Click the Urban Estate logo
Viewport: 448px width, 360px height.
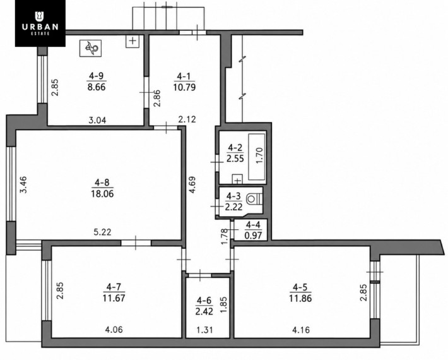(40, 23)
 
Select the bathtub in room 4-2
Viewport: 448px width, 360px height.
(257, 157)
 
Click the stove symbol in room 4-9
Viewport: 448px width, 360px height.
(91, 48)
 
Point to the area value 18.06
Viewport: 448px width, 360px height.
(102, 194)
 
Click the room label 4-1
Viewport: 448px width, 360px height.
(184, 76)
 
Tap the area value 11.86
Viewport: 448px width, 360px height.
(300, 298)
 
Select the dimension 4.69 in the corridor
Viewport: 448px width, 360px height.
(192, 185)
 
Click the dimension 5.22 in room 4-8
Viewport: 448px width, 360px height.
(102, 232)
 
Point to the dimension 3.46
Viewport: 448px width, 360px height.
(23, 184)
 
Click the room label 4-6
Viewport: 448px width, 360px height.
(204, 301)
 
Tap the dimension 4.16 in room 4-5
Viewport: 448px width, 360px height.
(301, 330)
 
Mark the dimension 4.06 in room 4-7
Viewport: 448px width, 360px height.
(114, 330)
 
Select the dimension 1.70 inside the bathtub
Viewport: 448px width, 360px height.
(260, 155)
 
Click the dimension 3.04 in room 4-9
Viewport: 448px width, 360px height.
(97, 120)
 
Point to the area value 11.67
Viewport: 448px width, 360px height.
(114, 298)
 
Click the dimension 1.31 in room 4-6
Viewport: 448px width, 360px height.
(205, 330)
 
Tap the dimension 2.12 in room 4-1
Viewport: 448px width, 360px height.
(187, 119)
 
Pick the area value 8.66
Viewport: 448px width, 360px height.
(97, 87)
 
